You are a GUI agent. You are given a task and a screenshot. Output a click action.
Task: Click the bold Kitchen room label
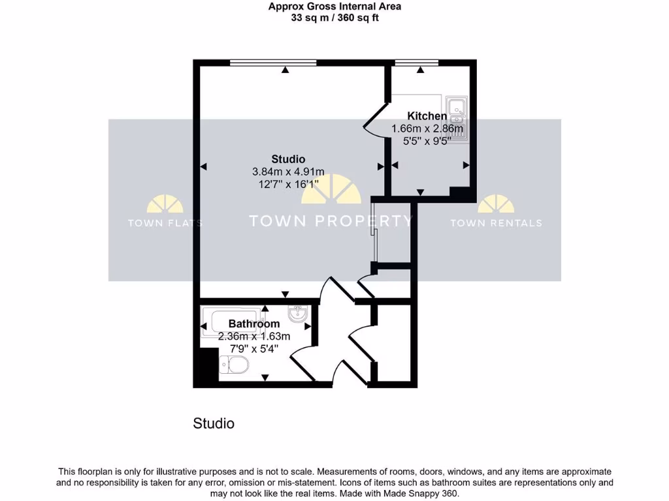[427, 116]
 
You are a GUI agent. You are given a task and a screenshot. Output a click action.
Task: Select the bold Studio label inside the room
[288, 159]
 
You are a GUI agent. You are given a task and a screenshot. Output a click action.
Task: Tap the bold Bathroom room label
[254, 324]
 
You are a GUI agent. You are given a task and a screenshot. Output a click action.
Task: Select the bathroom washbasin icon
[299, 316]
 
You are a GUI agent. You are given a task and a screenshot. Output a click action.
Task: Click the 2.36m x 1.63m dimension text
[254, 336]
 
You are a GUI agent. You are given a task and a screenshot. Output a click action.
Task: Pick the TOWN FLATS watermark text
[165, 223]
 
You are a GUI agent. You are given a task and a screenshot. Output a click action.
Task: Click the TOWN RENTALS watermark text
[496, 223]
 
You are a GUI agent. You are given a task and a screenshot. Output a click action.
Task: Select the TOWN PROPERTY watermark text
[331, 220]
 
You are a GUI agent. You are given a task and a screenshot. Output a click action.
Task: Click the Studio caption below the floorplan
[214, 423]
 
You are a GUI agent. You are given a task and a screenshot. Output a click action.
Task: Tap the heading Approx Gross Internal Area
[334, 7]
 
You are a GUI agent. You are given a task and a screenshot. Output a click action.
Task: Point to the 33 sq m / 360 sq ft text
[334, 18]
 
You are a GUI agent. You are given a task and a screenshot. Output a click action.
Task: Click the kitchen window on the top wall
[417, 63]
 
